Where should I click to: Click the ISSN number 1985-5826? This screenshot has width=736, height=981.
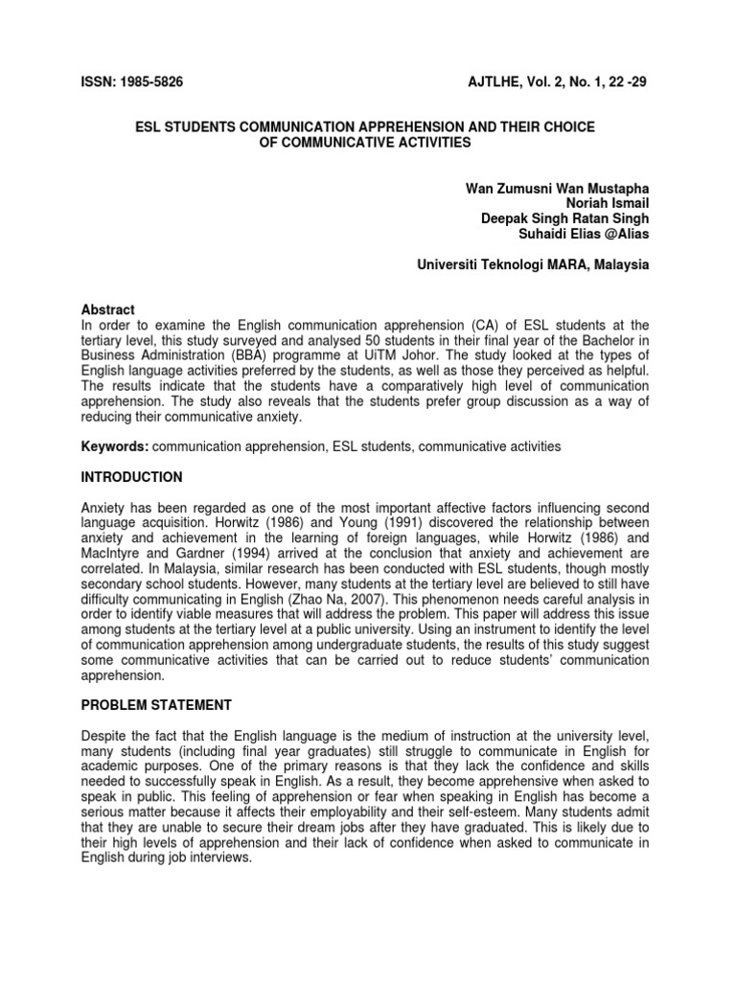pyautogui.click(x=149, y=82)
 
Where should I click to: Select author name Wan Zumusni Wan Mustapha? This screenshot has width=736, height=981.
pyautogui.click(x=557, y=185)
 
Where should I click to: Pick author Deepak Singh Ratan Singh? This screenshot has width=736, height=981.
pyautogui.click(x=564, y=217)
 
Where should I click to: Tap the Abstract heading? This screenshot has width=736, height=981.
pyautogui.click(x=108, y=309)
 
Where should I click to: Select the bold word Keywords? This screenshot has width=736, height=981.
pyautogui.click(x=115, y=446)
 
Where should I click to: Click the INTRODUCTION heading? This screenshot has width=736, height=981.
pyautogui.click(x=131, y=477)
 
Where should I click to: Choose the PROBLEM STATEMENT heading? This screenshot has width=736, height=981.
pyautogui.click(x=156, y=705)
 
